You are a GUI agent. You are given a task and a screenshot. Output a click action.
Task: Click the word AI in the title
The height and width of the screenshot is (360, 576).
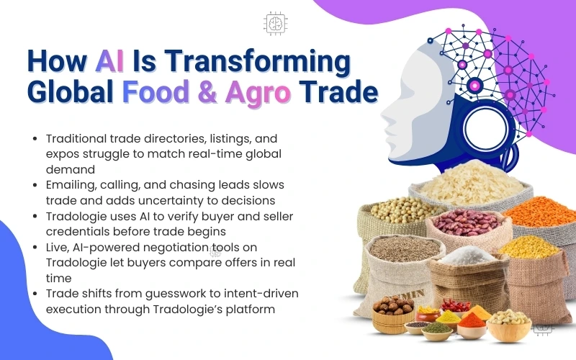click(109, 60)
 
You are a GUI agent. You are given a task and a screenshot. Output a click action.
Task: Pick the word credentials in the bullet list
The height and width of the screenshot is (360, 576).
click(78, 232)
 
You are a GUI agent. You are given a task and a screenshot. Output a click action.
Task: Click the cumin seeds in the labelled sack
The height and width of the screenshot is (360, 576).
click(403, 249)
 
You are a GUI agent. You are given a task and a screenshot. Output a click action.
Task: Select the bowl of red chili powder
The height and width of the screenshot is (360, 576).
click(472, 320)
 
